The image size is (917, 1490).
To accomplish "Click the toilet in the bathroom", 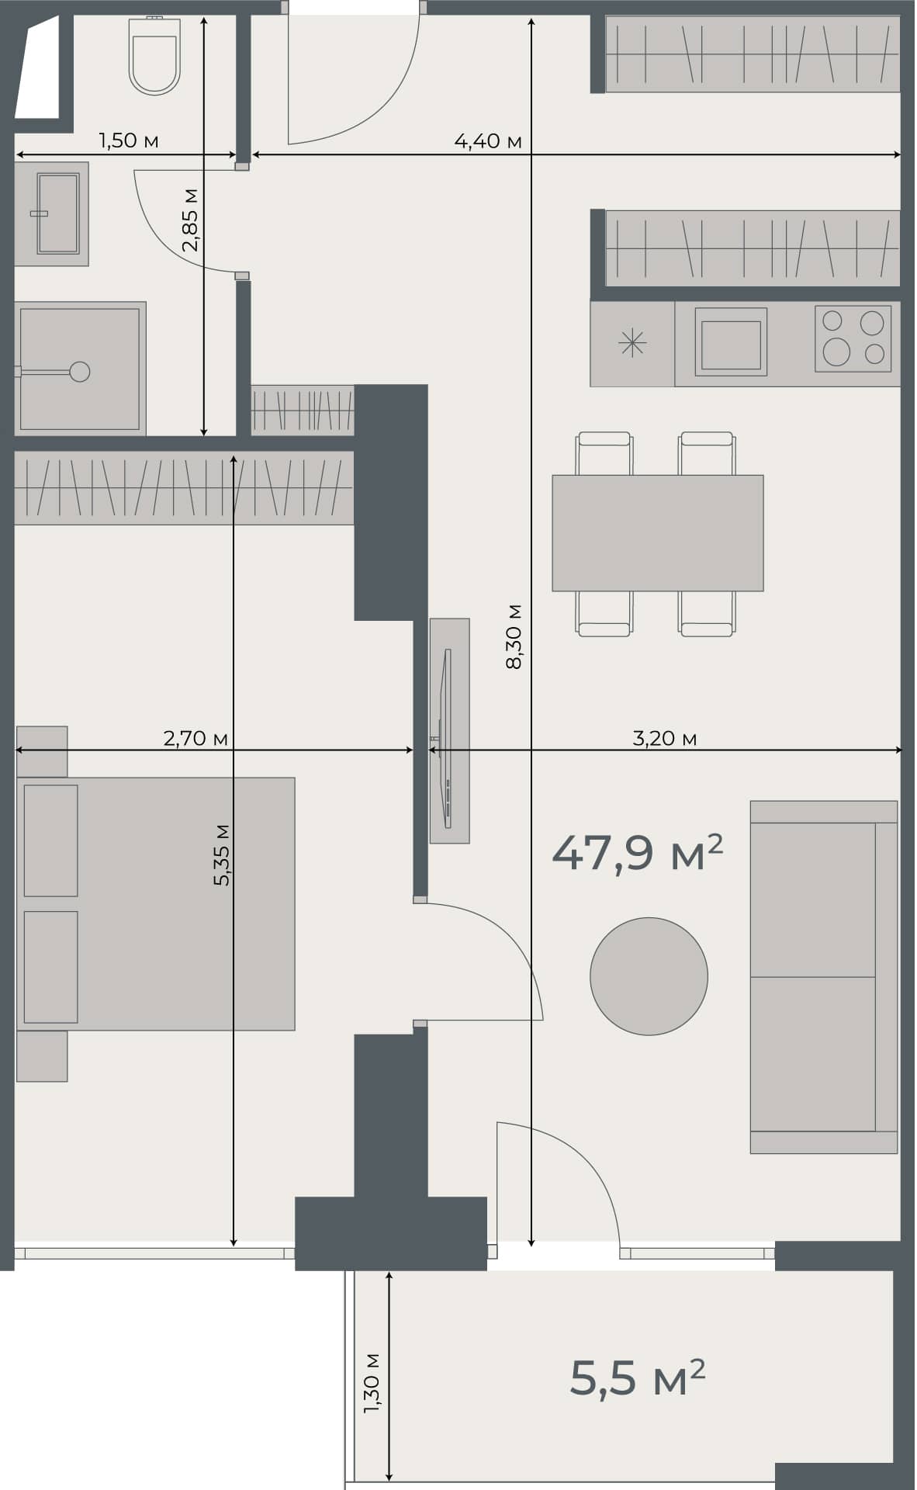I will (155, 58).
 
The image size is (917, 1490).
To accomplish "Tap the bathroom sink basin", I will (58, 213).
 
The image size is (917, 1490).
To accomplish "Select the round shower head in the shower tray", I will (79, 372).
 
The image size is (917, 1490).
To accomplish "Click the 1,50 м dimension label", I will (129, 140).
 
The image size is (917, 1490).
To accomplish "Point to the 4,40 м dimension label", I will (487, 141).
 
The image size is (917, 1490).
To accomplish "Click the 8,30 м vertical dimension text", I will (514, 636).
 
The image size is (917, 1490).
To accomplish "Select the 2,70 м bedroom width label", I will (196, 738).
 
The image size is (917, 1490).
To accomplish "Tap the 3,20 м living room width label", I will (664, 738).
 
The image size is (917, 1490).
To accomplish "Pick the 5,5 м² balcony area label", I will (637, 1378).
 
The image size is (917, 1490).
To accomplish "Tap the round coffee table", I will (649, 976).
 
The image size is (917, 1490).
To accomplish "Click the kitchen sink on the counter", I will (731, 343).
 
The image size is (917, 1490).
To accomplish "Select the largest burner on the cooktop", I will (836, 352).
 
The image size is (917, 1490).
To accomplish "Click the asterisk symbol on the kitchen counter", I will (632, 343).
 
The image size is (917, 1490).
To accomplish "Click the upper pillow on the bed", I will (51, 840).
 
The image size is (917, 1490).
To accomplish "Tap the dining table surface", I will (657, 533).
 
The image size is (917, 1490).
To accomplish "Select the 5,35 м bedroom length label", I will (221, 854).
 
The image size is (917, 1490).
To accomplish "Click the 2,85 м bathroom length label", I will (190, 220).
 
